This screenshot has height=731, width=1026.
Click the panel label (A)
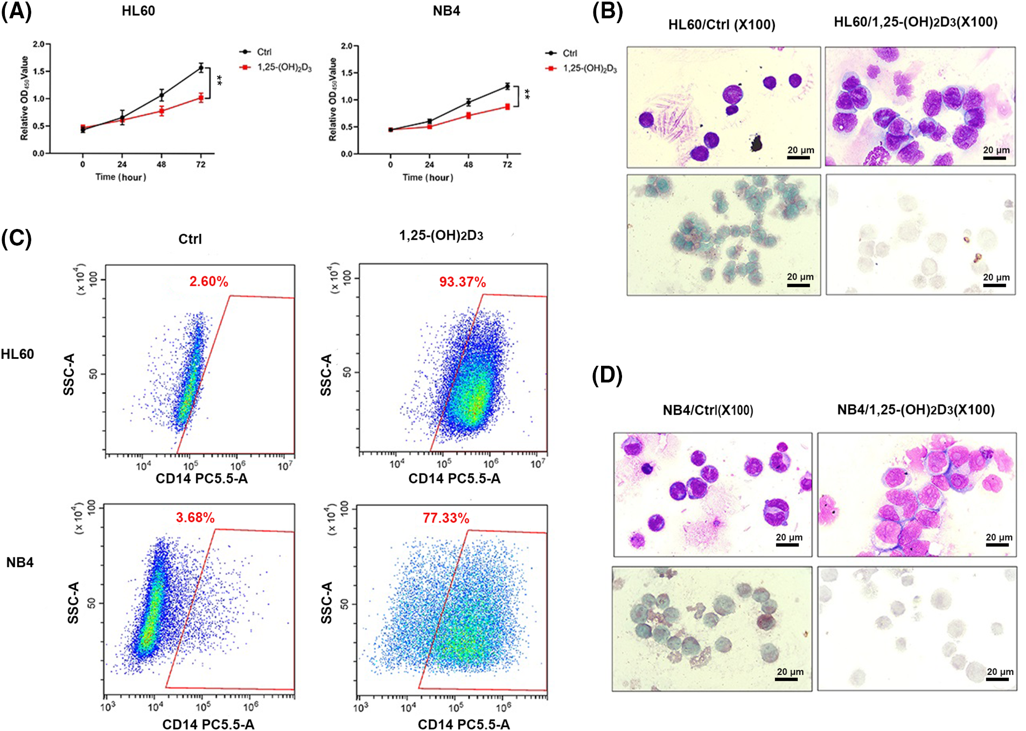[16, 11]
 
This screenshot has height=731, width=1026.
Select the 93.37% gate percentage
[462, 282]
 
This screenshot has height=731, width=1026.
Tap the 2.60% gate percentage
[208, 281]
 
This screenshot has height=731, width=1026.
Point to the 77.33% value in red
[445, 518]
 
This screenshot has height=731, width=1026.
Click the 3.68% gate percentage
[195, 517]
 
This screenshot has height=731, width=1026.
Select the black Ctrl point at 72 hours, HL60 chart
[201, 68]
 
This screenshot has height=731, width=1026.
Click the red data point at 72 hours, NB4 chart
[507, 107]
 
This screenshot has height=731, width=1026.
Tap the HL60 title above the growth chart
[138, 11]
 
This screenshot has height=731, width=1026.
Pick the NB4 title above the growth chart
[446, 11]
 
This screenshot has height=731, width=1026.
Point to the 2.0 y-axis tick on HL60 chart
[38, 44]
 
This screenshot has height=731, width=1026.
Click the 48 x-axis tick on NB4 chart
[468, 164]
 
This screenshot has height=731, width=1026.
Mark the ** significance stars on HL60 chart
[220, 81]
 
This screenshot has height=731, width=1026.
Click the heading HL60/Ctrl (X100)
[722, 25]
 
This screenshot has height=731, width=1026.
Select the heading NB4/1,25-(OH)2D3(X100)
[916, 409]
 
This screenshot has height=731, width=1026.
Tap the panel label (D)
[607, 375]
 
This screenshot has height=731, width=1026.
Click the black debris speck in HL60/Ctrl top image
[756, 143]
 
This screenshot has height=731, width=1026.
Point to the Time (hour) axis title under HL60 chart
[121, 177]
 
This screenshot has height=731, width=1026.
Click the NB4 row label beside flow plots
[20, 562]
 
